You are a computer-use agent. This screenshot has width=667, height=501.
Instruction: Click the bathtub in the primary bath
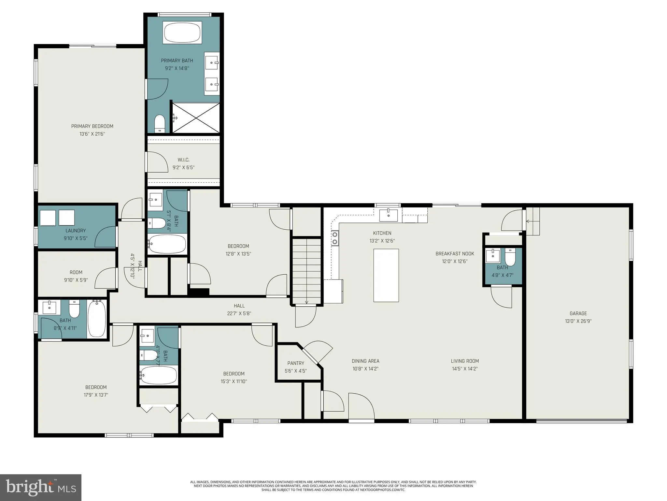[x=182, y=32]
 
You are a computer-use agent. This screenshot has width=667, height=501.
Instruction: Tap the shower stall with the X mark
[x=196, y=118]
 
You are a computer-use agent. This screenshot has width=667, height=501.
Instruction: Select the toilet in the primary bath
[x=160, y=123]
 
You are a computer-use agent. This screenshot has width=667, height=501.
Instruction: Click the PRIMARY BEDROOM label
[x=92, y=126]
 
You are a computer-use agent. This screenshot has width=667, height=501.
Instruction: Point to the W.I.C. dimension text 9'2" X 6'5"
[x=183, y=168]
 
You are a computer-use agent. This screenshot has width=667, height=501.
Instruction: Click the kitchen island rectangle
[x=386, y=275]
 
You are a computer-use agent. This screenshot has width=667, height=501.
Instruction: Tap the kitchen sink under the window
[x=388, y=215]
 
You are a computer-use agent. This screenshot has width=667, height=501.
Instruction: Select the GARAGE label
[x=578, y=313]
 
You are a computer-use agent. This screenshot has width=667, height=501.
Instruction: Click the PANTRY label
[x=296, y=363]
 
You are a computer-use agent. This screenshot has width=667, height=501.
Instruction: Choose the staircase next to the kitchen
[x=306, y=270]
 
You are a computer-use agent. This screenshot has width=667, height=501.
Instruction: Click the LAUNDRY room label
[x=76, y=231]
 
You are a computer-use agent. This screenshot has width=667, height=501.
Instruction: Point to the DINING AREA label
[x=365, y=361]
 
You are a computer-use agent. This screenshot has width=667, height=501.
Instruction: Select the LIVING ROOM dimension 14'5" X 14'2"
[x=465, y=369]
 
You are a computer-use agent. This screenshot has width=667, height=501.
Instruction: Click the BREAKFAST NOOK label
[x=455, y=254]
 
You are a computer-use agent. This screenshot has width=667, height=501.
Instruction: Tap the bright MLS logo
[x=41, y=487]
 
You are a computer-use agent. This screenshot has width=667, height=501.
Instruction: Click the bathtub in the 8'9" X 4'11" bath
[x=97, y=318]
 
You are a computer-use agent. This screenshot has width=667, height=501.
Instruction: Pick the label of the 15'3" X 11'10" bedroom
[x=234, y=374]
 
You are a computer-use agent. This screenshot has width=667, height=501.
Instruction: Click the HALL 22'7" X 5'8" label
[x=239, y=306]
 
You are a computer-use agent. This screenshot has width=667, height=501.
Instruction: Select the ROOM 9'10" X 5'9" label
[x=76, y=272]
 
